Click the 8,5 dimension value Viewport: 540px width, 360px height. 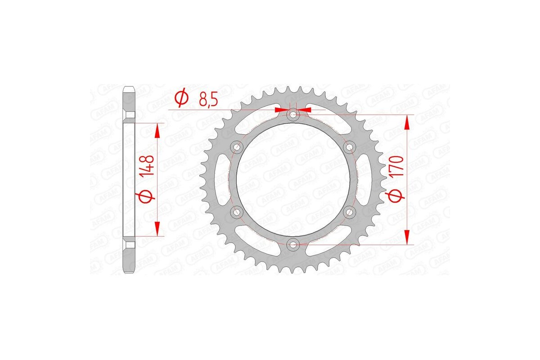coord(208,99)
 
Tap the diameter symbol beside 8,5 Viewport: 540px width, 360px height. coord(181,99)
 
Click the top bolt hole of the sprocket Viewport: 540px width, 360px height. coord(293,115)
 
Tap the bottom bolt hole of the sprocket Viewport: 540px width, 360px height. coord(293,244)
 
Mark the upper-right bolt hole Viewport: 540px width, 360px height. coord(349,147)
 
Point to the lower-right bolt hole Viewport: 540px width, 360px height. coord(349,211)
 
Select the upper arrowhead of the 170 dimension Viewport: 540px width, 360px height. coord(407,121)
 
